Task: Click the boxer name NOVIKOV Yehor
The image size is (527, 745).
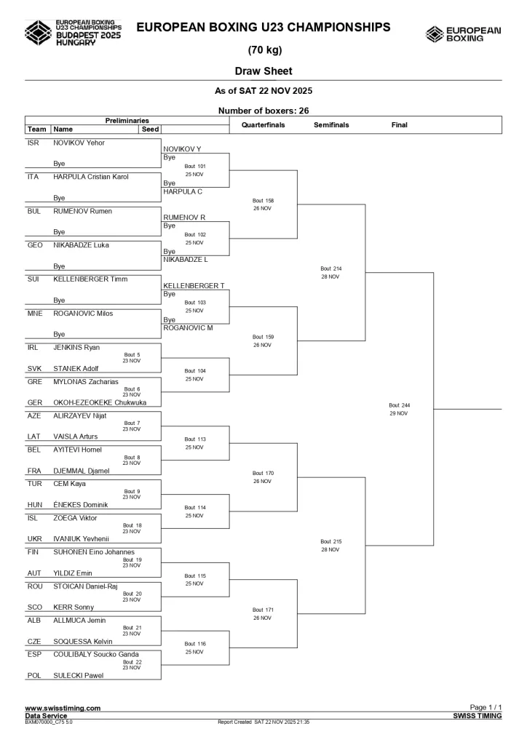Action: coord(79,143)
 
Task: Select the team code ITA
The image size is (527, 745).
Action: coord(33,177)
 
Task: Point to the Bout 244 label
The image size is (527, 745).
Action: coord(400,405)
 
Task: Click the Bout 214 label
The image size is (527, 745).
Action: coord(331,268)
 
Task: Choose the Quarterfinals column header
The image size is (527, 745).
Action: coord(263,125)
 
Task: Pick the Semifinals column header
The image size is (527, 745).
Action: coord(331,125)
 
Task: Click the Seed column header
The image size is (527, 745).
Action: coord(150,130)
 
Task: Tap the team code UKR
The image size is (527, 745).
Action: coord(34,539)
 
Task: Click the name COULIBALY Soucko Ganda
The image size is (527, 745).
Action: coord(96,654)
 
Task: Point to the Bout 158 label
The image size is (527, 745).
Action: coord(263,200)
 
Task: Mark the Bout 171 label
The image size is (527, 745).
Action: coord(263,610)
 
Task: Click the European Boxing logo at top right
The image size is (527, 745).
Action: coord(463,34)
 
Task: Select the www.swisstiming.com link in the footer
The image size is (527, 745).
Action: coord(63,708)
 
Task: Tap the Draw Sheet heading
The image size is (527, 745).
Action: coord(263,71)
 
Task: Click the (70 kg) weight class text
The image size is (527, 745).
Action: coord(263,50)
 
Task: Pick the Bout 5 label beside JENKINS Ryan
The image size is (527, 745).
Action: coord(132,354)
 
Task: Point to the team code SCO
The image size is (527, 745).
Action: coord(34,607)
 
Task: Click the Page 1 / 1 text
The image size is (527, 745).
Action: coord(486,708)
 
